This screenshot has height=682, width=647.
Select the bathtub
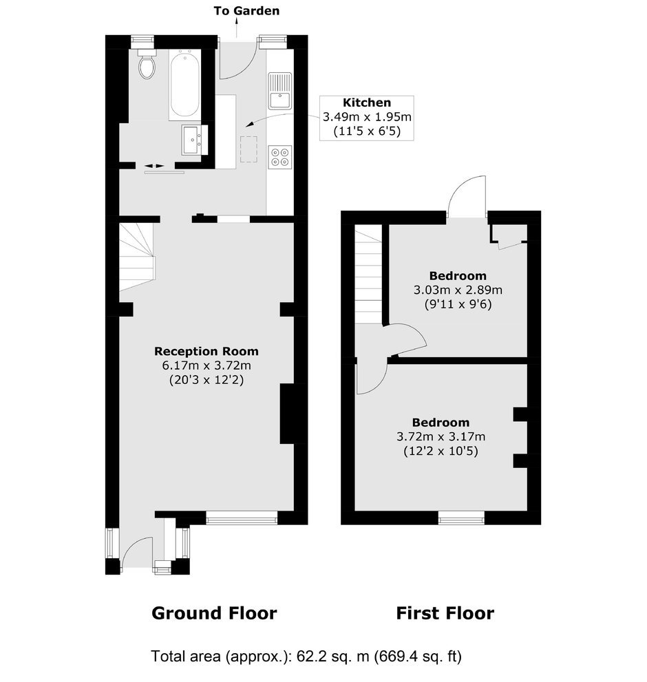tap(185, 85)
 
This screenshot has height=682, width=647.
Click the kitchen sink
tap(279, 91)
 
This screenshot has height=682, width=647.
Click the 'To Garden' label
tap(246, 11)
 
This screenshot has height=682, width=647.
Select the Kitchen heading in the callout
tap(367, 103)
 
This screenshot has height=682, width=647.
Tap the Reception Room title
tap(206, 351)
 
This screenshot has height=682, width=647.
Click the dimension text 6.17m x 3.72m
tap(206, 365)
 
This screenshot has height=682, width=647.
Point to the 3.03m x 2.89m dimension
tap(458, 290)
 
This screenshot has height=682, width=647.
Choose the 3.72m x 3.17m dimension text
tap(441, 436)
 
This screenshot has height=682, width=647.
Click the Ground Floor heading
tap(214, 613)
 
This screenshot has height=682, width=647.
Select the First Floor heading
tap(445, 613)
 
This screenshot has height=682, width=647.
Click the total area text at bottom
tap(306, 656)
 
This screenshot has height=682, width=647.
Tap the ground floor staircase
tap(137, 257)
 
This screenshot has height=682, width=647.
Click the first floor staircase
tap(368, 275)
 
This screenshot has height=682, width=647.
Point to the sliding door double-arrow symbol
tap(154, 166)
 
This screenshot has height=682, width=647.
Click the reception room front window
tap(242, 518)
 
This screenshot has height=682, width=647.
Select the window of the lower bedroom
tap(460, 518)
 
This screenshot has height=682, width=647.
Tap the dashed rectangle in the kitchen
tap(248, 149)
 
